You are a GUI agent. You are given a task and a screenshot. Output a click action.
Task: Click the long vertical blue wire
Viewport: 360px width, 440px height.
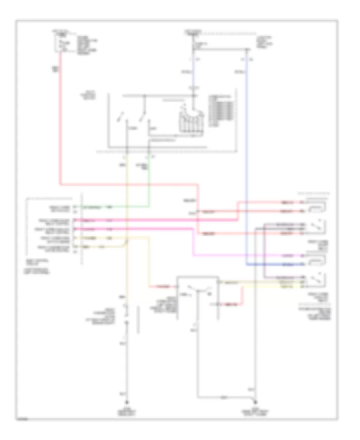(x=247, y=160)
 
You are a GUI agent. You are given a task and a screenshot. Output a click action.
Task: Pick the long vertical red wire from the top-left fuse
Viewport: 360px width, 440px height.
(x=60, y=120)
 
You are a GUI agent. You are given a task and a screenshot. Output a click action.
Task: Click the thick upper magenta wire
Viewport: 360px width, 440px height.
(x=160, y=220)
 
